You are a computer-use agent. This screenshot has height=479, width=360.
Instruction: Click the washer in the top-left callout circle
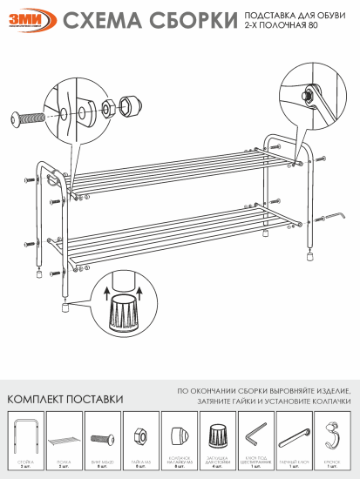(90, 109)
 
